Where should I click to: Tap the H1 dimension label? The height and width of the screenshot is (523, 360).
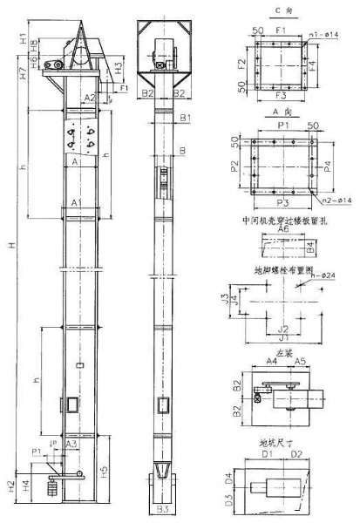[x=20, y=38]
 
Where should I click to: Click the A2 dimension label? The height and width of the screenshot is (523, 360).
[x=90, y=98]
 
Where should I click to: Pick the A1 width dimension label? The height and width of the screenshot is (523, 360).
[x=76, y=203]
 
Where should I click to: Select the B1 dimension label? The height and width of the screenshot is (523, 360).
[x=186, y=117]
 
